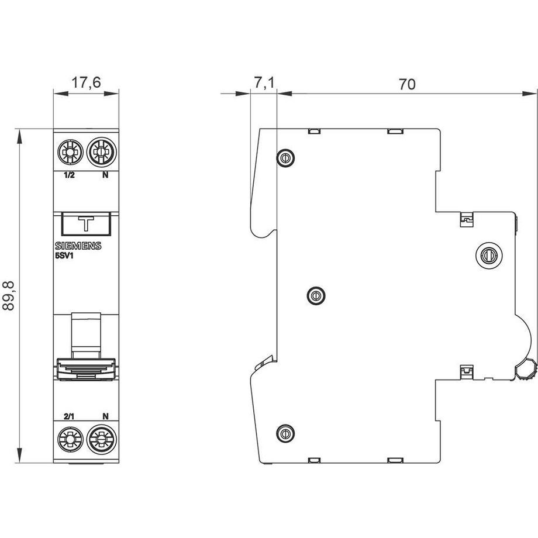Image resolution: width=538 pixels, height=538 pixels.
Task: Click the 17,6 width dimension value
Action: [x=86, y=83]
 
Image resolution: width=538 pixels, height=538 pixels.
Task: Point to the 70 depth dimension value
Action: [x=407, y=84]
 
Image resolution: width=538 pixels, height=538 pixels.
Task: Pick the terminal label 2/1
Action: [x=69, y=416]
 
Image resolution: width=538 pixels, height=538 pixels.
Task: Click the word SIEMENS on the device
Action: [x=78, y=246]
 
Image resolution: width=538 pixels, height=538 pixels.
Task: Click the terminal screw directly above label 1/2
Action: [x=70, y=154]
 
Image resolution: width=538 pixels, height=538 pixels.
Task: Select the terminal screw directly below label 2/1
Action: [x=70, y=439]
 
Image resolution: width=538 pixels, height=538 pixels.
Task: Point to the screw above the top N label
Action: [x=100, y=154]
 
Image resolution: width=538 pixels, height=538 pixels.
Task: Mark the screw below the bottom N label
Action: [x=100, y=439]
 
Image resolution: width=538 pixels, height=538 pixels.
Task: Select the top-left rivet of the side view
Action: [x=285, y=157]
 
